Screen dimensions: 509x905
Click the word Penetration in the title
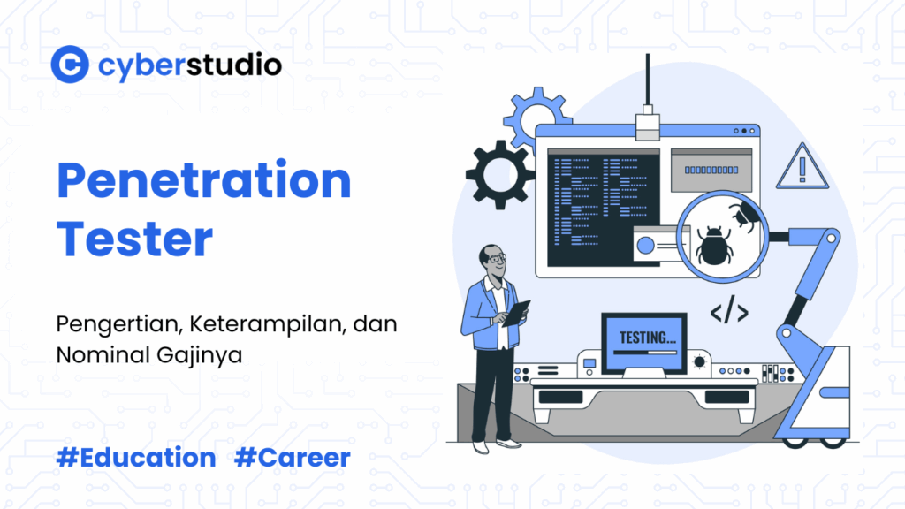pyautogui.click(x=204, y=180)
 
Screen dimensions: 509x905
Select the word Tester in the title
pyautogui.click(x=134, y=238)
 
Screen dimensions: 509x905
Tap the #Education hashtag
pyautogui.click(x=135, y=458)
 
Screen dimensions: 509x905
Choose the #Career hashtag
pyautogui.click(x=293, y=458)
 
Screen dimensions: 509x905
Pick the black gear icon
pyautogui.click(x=498, y=174)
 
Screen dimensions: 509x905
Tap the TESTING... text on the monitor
pyautogui.click(x=648, y=338)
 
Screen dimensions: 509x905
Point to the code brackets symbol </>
pyautogui.click(x=730, y=313)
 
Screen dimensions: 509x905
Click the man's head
pyautogui.click(x=492, y=262)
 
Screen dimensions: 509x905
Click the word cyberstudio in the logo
pyautogui.click(x=189, y=65)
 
